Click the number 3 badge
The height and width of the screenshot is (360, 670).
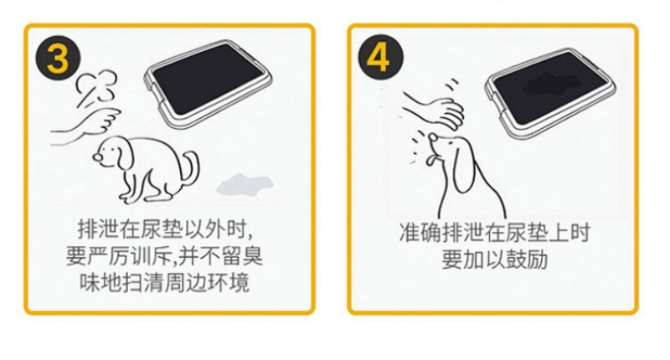coord(58,59)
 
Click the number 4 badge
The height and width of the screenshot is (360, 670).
coord(380,57)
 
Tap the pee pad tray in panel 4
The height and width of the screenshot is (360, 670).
coord(550,93)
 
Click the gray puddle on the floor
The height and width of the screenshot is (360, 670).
coord(245,184)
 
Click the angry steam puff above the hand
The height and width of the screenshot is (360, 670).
coord(96,88)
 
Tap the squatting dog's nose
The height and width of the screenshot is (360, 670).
coord(97,157)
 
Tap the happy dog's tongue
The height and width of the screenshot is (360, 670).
coord(430,161)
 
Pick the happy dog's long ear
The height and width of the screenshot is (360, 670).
coord(462,166)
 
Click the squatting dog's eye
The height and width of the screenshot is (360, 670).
coord(108,149)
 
